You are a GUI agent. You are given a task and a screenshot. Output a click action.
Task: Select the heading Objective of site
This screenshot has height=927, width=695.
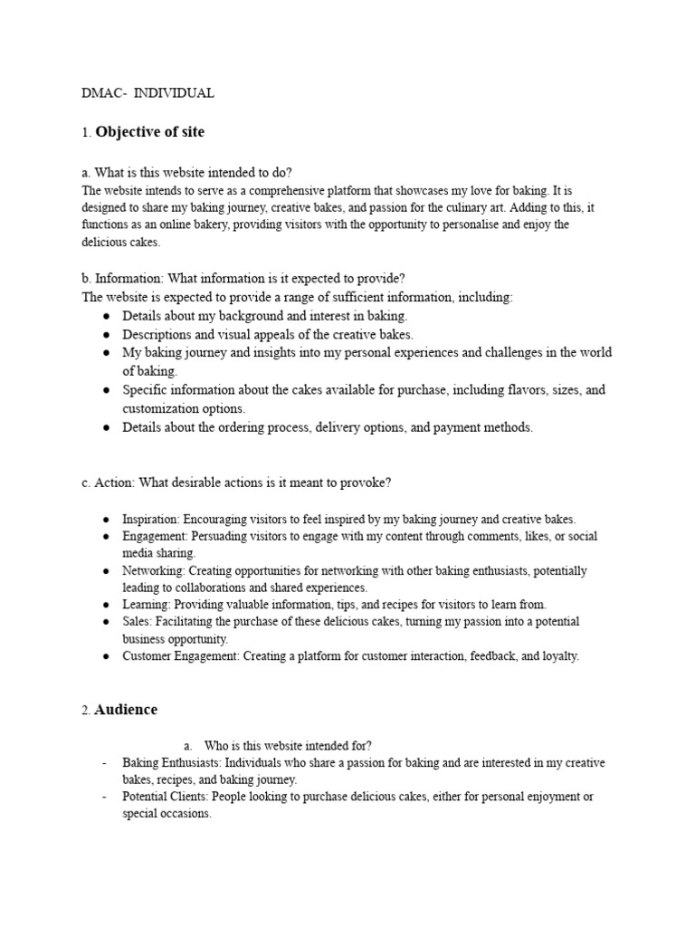150,132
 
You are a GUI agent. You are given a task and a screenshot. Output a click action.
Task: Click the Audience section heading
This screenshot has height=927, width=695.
126,710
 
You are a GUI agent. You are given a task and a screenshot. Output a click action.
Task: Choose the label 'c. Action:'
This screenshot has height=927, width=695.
108,483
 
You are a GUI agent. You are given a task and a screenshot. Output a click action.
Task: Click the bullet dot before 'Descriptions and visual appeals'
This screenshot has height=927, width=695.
106,334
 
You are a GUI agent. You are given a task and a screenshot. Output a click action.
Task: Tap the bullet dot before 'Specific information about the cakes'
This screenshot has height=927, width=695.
106,390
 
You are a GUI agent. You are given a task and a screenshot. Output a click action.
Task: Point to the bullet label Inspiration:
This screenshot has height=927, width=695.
152,520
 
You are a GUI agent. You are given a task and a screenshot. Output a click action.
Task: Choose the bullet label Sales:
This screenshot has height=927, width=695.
138,622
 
